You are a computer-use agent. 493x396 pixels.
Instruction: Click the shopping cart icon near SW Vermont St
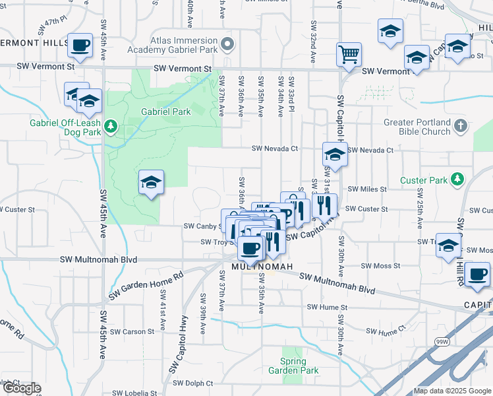point(349,54)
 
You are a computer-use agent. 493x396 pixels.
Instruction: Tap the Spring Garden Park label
point(293,366)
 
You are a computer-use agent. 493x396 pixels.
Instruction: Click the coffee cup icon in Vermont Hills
point(80,46)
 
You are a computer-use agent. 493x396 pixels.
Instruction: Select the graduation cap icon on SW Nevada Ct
point(335,155)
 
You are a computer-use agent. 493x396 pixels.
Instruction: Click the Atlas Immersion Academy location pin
point(227,45)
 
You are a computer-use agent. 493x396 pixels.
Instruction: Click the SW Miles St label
point(367,189)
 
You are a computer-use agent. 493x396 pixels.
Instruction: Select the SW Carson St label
point(133,331)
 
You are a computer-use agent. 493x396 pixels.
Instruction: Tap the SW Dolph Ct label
point(192,383)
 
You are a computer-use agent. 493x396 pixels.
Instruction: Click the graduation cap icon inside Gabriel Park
point(151,181)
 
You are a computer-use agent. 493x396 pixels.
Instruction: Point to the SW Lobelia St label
point(132,393)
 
